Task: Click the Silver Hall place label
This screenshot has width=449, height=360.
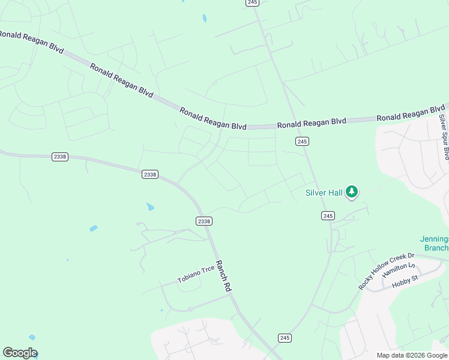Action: tap(324, 193)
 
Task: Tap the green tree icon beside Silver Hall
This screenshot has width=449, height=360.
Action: tap(352, 192)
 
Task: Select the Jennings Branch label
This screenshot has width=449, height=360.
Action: tap(436, 244)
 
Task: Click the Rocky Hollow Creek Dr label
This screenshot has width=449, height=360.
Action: tap(387, 271)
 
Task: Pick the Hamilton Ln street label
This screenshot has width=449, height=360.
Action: tap(399, 270)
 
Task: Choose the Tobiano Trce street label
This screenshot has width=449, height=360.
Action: tap(196, 275)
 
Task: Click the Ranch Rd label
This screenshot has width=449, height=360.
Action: tap(223, 276)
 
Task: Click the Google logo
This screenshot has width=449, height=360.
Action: tap(20, 353)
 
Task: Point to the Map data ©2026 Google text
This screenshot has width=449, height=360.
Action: tap(412, 355)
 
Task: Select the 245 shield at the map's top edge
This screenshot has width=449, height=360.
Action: tap(252, 3)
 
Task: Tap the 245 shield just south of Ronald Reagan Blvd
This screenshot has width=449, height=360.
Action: tap(302, 141)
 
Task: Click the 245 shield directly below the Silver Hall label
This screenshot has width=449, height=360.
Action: tap(327, 215)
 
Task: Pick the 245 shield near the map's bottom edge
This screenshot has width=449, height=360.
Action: tap(285, 338)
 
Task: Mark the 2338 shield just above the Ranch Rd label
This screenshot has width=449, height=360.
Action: tap(204, 221)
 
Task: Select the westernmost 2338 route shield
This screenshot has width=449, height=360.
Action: tap(60, 157)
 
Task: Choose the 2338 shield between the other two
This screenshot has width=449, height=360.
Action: tap(150, 174)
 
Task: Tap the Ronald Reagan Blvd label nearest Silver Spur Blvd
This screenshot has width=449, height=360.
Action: tap(411, 114)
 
